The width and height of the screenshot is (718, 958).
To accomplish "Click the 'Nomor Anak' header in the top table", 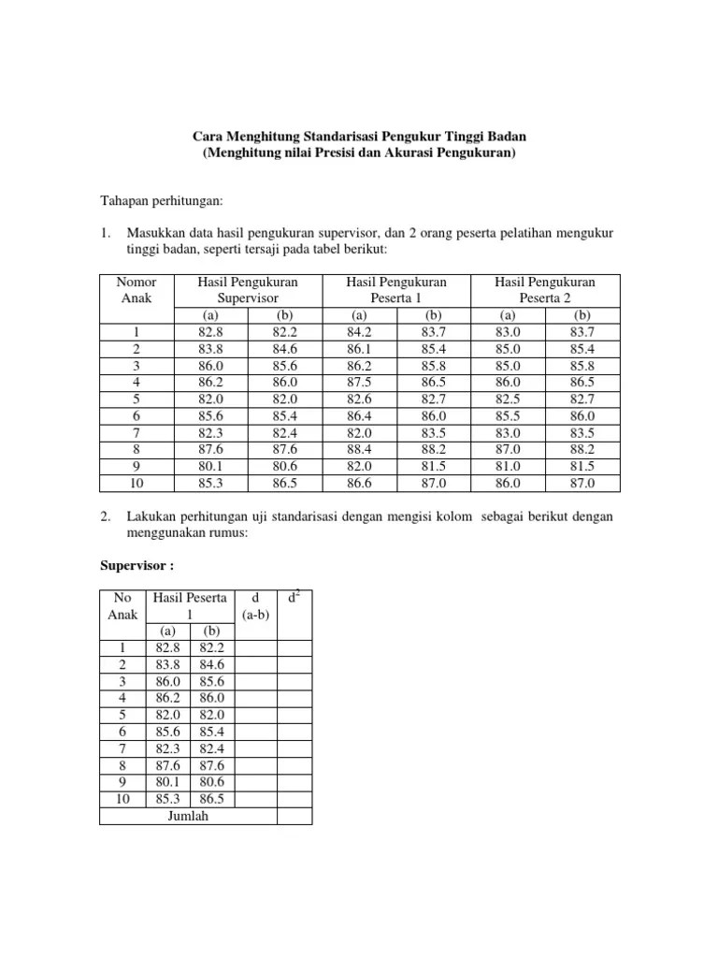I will coord(136,289).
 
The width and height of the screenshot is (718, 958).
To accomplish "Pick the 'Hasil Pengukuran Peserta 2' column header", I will coord(545,289).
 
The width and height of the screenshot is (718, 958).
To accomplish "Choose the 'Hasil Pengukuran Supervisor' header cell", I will coord(248,289).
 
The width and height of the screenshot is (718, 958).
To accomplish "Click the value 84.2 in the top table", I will coord(360,331).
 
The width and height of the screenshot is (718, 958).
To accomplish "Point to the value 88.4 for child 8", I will coord(360,449).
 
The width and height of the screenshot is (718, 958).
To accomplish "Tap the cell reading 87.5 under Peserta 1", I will coord(360,382).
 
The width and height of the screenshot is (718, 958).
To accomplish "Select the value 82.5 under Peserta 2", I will coord(509,399).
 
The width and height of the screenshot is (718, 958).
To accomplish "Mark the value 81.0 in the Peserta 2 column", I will coord(509,466).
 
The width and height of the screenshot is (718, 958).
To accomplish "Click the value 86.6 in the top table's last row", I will coord(360,483).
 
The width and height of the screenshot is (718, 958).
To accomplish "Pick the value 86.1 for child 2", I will coord(360,348).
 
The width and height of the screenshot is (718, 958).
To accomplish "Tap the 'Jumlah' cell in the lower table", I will coord(188,815).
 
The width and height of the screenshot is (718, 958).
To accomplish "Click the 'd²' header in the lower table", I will coord(294,596).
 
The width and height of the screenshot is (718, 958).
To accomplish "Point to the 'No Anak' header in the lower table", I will coord(122,605).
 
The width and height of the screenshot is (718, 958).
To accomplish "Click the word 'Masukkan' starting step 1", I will coord(153,232).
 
